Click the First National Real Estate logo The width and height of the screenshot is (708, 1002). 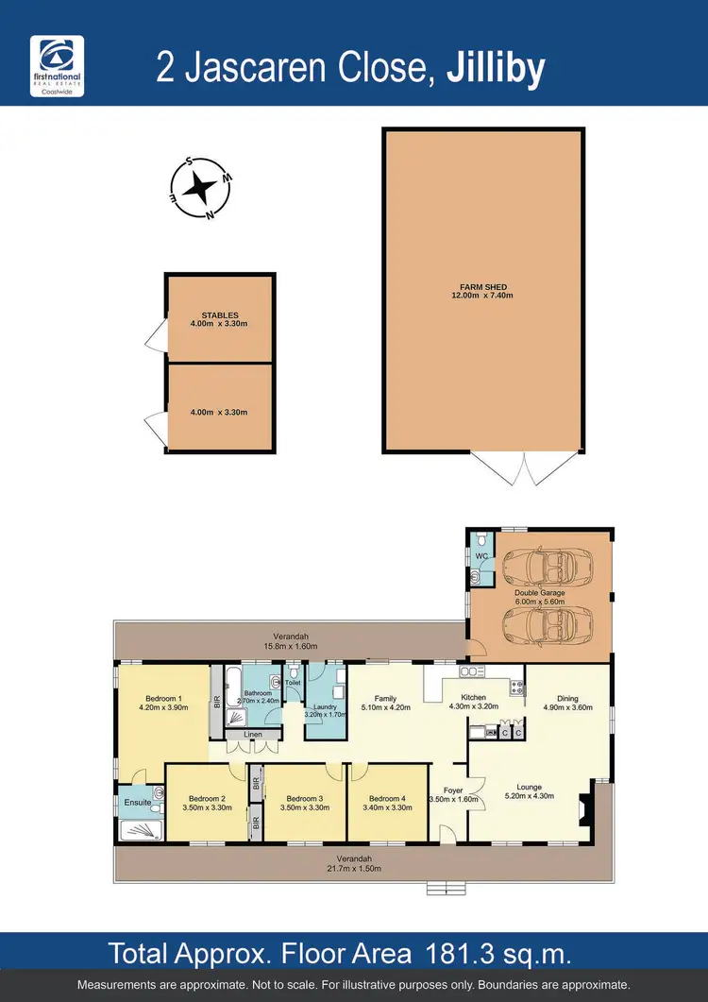[x=58, y=65]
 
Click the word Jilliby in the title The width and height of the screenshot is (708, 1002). [x=495, y=68]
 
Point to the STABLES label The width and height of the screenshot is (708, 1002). [x=220, y=315]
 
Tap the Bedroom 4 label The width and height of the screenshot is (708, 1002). [x=386, y=797]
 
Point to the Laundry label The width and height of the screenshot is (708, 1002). [x=327, y=708]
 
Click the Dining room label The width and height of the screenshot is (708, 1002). [x=567, y=699]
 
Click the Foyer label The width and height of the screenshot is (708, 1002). [x=454, y=791]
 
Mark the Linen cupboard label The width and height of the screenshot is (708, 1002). [x=252, y=734]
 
